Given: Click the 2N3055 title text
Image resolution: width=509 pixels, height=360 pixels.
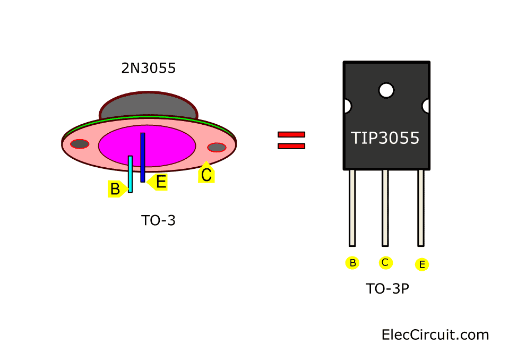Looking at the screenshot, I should (148, 68).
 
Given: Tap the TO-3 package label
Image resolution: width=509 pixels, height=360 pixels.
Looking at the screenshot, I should (158, 220).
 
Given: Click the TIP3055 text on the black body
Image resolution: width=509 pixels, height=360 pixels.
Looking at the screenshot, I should (385, 138).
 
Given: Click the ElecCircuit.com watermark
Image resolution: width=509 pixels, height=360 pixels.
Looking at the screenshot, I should (435, 335).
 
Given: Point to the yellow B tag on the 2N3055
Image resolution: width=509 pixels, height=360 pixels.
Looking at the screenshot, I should (116, 188).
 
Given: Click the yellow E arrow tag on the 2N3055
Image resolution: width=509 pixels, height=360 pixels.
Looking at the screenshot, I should (159, 182).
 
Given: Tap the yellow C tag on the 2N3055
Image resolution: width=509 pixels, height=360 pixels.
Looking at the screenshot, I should (206, 174).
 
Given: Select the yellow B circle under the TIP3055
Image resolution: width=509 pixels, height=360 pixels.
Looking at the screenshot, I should (352, 263).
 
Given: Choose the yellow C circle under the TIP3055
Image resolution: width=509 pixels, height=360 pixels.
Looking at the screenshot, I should (386, 262).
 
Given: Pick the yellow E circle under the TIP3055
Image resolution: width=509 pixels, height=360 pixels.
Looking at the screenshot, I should (422, 264).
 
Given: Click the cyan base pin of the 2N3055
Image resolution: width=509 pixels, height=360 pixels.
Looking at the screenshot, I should (130, 173).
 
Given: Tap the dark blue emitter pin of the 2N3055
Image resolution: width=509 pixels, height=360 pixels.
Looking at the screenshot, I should (142, 157).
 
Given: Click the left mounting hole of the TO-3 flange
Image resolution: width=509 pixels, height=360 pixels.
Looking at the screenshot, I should (80, 143).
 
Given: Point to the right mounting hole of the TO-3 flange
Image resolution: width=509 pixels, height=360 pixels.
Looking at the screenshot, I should (217, 147).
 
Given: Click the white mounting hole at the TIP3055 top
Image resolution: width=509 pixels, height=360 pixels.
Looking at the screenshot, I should (386, 90).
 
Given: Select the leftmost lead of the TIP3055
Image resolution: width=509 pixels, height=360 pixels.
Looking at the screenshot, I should (352, 208).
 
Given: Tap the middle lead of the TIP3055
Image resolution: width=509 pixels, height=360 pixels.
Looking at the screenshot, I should (385, 208).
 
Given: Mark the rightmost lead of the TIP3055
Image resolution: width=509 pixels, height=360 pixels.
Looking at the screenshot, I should (421, 208).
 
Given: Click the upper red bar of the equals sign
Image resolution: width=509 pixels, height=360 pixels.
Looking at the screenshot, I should (291, 134).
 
